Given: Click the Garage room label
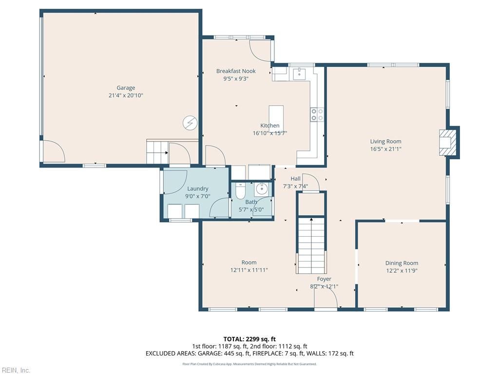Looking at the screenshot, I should click(x=126, y=88).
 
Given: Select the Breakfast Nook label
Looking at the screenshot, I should click(x=236, y=71).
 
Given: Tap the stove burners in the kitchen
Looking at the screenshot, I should click(x=317, y=114).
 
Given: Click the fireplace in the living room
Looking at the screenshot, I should click(x=448, y=142).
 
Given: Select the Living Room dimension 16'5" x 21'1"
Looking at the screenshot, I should click(x=385, y=149).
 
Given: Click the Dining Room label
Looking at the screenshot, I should click(x=402, y=263).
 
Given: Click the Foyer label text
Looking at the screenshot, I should click(x=324, y=279).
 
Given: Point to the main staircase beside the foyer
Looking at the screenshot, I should click(x=311, y=245).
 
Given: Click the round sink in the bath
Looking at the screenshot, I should click(x=262, y=188).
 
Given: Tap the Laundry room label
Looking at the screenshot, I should click(x=197, y=188).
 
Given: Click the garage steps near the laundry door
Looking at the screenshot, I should click(x=157, y=152).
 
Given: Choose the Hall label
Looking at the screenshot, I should click(x=295, y=179).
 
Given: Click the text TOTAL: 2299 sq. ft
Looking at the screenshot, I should click(x=249, y=339).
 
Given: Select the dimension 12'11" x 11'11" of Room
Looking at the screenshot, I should click(x=249, y=270).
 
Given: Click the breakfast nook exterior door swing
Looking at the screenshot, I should click(x=260, y=50).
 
